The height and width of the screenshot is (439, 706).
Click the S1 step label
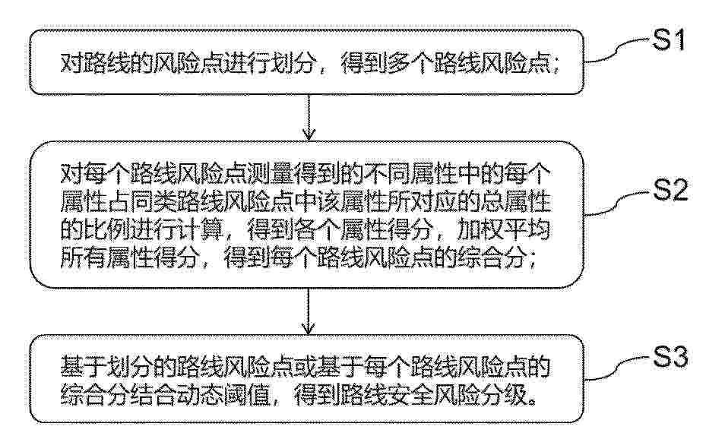(669, 39)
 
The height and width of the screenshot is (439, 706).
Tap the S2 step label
(670, 190)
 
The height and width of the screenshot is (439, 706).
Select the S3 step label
(670, 358)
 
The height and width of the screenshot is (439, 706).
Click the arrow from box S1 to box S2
(309, 117)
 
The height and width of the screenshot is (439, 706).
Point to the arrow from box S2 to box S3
(309, 311)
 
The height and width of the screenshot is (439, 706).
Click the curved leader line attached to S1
(618, 50)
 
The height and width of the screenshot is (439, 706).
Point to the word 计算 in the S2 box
(201, 231)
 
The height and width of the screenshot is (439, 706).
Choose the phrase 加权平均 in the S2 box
(503, 231)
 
